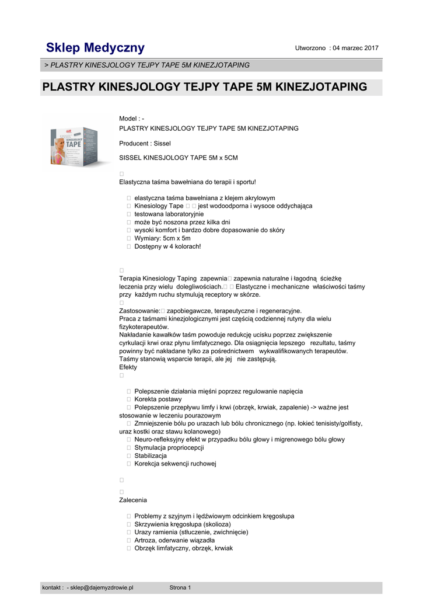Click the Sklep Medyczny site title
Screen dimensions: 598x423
click(x=96, y=48)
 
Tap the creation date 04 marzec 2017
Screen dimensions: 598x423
click(x=355, y=48)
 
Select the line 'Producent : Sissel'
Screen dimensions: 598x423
click(x=145, y=143)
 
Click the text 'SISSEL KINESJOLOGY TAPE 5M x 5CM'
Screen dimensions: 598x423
click(x=178, y=158)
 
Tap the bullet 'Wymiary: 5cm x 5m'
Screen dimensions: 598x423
click(x=162, y=238)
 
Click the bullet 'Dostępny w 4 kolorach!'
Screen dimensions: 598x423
click(x=167, y=246)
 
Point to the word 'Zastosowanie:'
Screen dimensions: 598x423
click(x=139, y=311)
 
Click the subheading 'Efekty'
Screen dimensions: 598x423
click(x=128, y=367)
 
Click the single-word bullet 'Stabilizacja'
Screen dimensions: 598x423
click(x=151, y=456)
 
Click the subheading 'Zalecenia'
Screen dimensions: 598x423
click(x=133, y=500)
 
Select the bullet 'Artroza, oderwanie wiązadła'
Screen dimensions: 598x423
click(x=174, y=540)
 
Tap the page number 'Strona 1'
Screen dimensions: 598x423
click(x=180, y=587)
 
